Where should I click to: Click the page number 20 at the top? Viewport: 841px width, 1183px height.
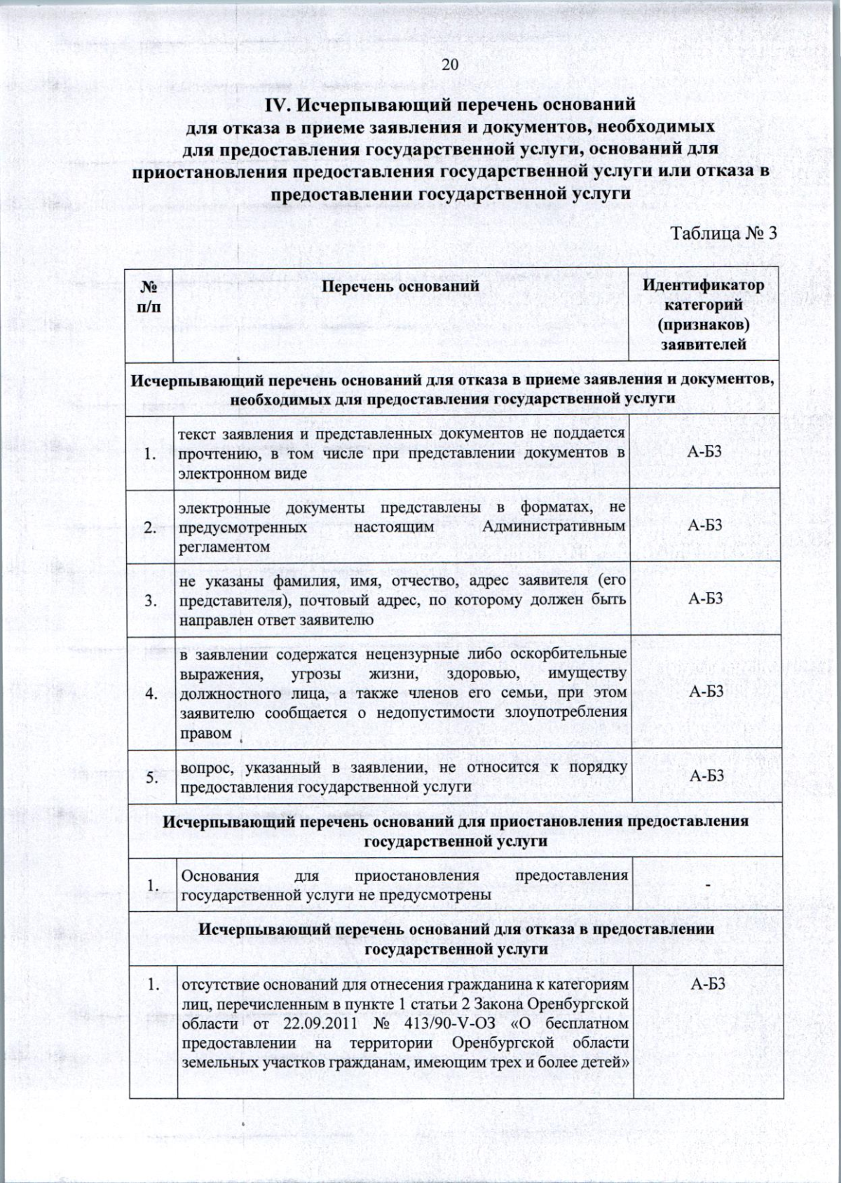pyautogui.click(x=449, y=65)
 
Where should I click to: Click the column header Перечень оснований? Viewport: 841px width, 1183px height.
pyautogui.click(x=401, y=286)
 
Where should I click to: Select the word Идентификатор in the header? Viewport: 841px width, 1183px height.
pyautogui.click(x=704, y=286)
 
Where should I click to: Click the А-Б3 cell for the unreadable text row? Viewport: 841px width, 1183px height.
pyautogui.click(x=704, y=452)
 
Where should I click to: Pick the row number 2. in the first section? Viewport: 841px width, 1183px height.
pyautogui.click(x=150, y=528)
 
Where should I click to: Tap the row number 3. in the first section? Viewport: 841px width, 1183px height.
pyautogui.click(x=150, y=601)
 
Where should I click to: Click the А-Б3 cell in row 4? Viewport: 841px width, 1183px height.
pyautogui.click(x=705, y=692)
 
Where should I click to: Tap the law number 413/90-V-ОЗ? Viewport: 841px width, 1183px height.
pyautogui.click(x=446, y=1024)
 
